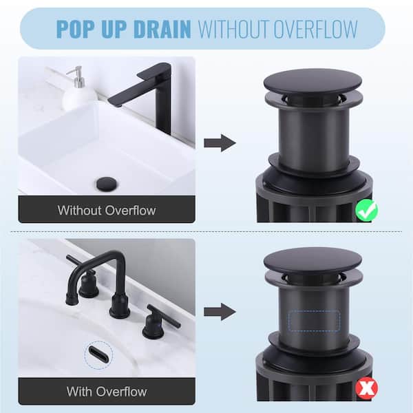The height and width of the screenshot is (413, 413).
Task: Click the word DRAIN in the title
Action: (162, 28)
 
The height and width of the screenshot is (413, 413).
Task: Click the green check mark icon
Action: (366, 211)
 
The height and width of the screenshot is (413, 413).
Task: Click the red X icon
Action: (366, 388)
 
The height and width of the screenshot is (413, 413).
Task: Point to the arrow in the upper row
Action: (220, 143)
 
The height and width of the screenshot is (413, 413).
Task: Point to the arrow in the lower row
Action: (220, 312)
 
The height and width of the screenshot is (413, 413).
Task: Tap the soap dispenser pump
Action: (77, 76)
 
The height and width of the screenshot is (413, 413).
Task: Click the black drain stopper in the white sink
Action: (107, 184)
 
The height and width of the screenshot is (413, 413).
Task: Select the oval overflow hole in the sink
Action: (98, 354)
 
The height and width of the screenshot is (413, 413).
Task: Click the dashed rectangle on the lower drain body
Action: (314, 321)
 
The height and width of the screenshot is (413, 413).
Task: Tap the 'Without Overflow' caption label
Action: (107, 210)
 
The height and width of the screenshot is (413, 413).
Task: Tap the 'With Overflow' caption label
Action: (107, 392)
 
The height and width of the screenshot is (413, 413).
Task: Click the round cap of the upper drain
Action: (313, 83)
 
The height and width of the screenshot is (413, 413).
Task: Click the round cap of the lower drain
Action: (313, 260)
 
